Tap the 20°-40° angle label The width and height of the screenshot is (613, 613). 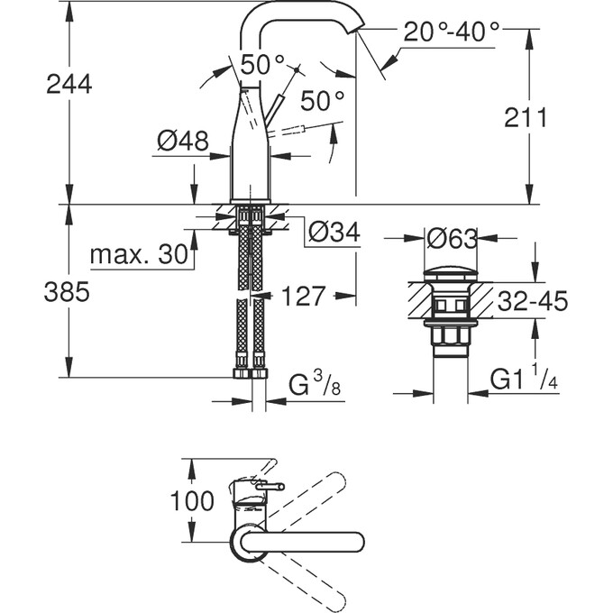pos(451,33)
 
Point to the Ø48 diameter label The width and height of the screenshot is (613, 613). pos(182,141)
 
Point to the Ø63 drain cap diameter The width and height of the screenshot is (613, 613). pos(452,240)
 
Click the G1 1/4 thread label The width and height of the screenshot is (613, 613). pos(523,380)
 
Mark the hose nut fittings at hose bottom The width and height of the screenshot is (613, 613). pos(251,373)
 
